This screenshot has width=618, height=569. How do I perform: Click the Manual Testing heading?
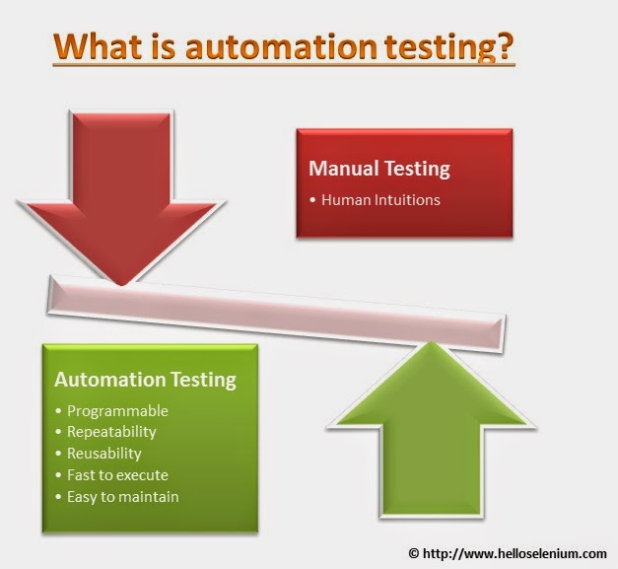point(379,169)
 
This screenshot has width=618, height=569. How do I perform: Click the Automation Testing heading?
point(145,379)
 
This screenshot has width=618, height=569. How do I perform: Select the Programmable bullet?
point(118,411)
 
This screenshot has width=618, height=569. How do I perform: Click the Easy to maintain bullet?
point(123,496)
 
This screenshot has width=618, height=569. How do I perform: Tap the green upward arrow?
point(430,424)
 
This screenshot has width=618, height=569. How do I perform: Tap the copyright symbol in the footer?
point(415,552)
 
